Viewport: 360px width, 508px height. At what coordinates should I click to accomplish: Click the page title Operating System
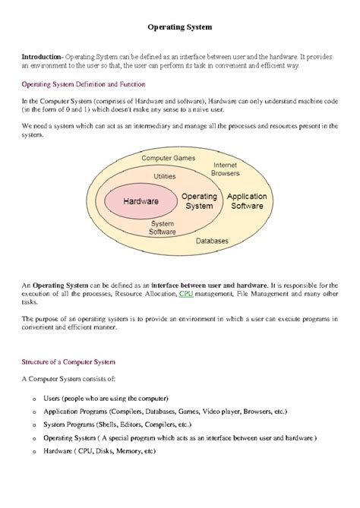[179, 27]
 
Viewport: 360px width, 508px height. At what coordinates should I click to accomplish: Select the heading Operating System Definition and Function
[84, 84]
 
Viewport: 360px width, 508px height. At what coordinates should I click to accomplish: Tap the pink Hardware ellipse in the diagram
[141, 201]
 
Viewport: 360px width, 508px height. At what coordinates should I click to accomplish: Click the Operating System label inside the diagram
[199, 201]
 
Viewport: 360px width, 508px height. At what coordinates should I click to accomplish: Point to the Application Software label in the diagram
[247, 201]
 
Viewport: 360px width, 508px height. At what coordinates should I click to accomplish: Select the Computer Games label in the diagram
[169, 159]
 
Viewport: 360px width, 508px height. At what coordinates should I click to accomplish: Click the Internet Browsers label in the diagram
[225, 169]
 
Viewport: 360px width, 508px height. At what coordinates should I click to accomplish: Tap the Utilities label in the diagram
[164, 176]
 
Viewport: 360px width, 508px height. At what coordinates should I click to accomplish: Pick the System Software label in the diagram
[163, 228]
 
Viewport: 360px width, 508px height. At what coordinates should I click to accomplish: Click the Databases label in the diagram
[212, 241]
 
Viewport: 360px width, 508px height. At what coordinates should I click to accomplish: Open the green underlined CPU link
[185, 292]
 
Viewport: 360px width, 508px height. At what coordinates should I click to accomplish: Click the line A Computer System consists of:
[69, 379]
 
